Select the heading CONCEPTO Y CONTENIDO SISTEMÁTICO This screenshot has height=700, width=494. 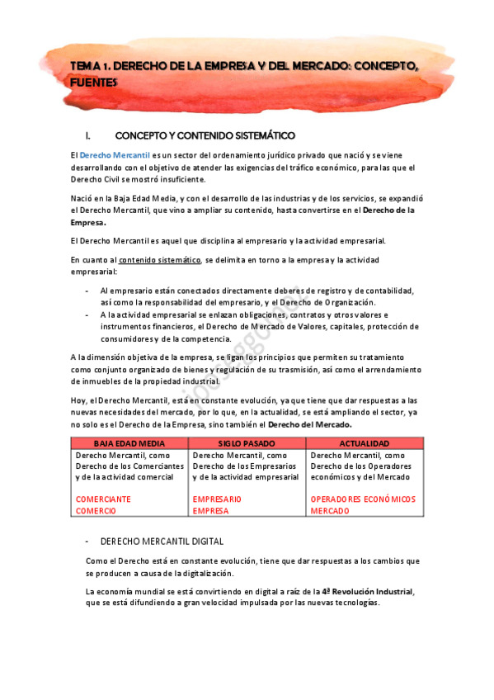(x=205, y=135)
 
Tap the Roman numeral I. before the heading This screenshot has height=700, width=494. (x=77, y=135)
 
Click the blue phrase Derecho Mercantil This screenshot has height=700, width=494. (x=115, y=155)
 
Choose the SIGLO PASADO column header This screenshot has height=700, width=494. (x=247, y=443)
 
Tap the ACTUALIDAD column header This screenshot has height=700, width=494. (x=364, y=443)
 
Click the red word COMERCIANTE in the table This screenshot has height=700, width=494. (x=103, y=499)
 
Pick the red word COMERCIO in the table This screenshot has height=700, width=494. (x=96, y=511)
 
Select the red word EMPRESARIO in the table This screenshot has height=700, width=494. (x=217, y=499)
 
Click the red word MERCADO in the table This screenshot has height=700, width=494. (x=330, y=511)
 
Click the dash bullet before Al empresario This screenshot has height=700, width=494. (x=87, y=291)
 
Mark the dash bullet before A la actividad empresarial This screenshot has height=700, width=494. (x=87, y=315)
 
